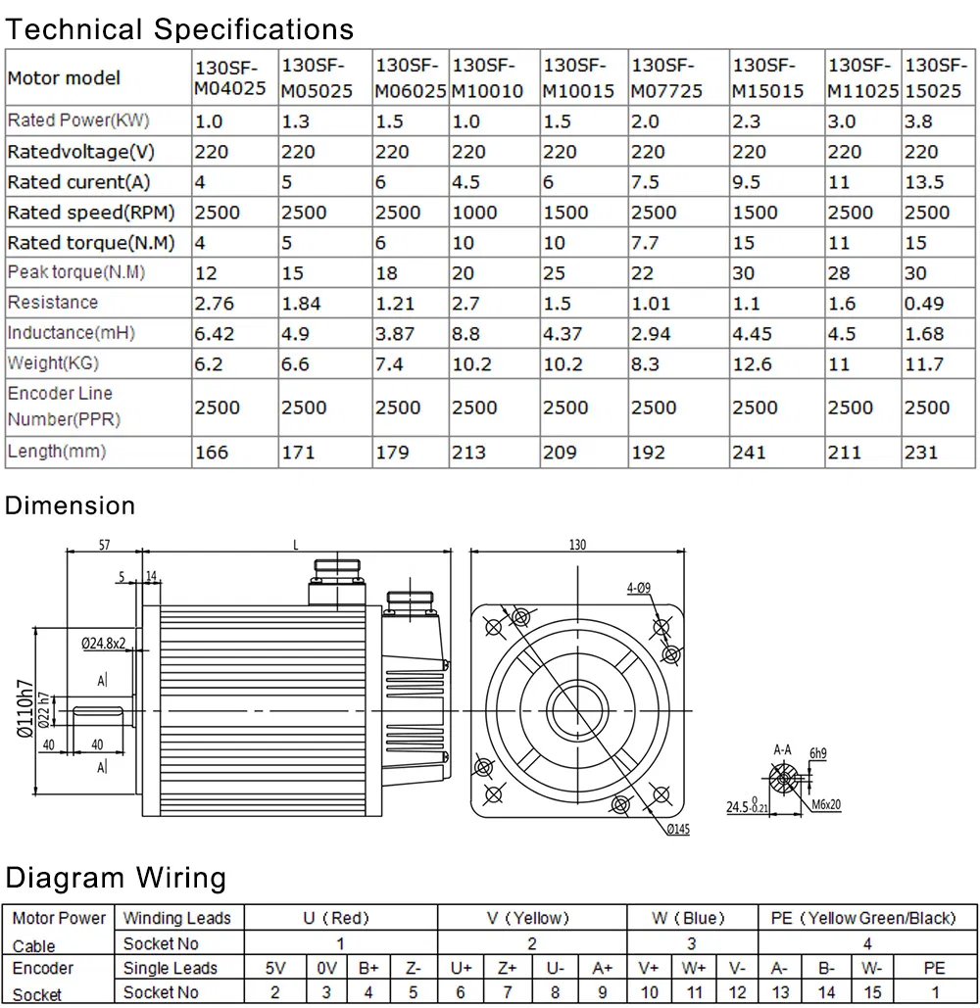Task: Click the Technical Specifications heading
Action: (179, 28)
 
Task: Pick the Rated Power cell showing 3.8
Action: (918, 121)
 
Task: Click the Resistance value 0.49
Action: (924, 304)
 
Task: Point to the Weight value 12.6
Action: (753, 364)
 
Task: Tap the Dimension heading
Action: (70, 505)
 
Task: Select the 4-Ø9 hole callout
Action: (638, 589)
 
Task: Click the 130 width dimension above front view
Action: (577, 545)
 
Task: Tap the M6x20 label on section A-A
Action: (826, 805)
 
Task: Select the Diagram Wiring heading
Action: (116, 877)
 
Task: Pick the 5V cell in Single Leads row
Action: (276, 968)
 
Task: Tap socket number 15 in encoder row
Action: (872, 992)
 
